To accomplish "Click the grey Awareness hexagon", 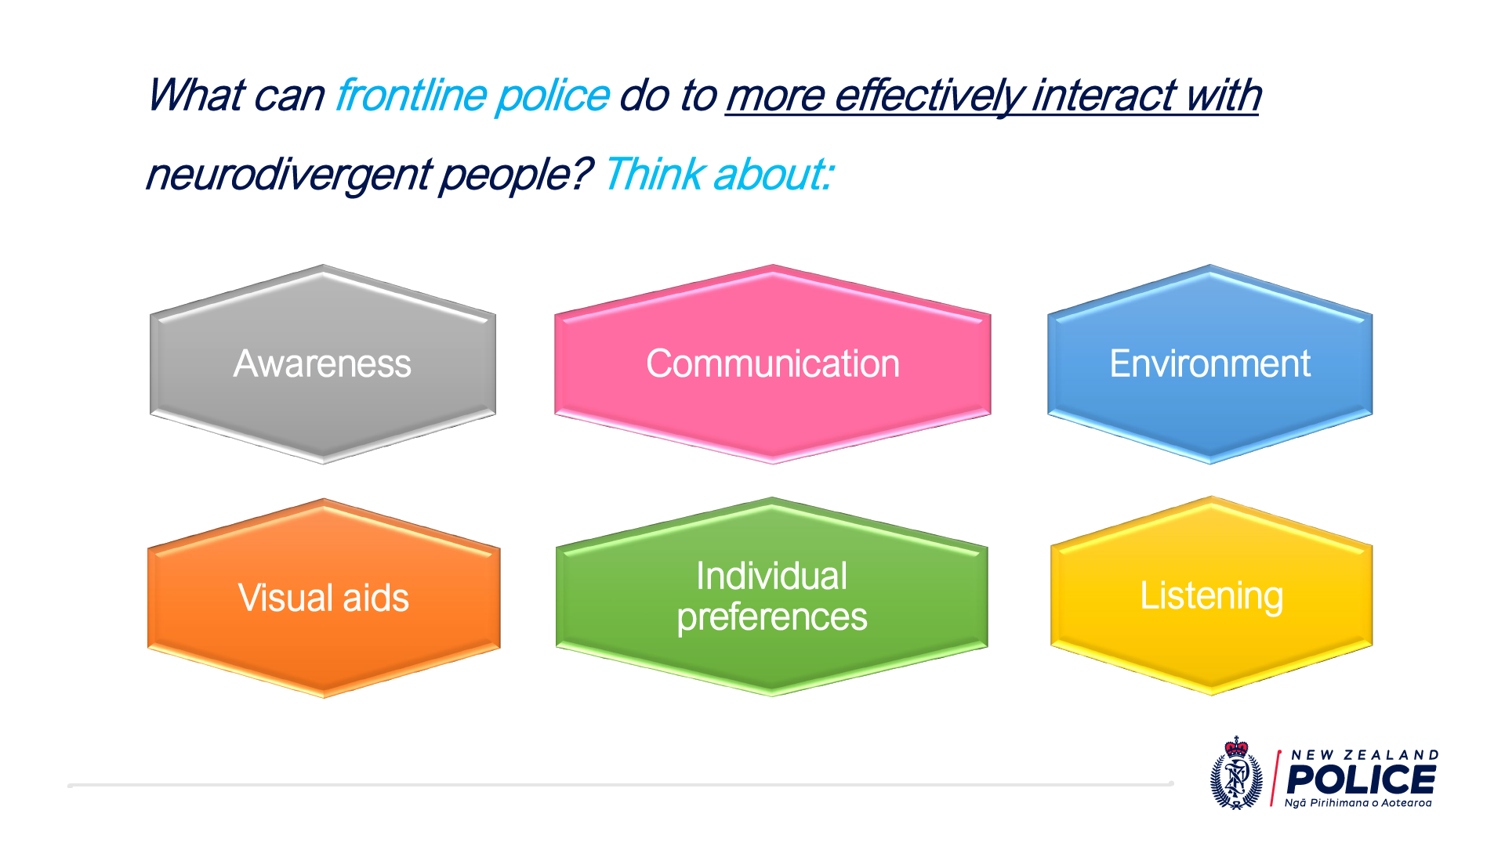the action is (x=323, y=364).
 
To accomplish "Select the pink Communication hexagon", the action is (x=773, y=364).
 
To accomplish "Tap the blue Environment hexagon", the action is (x=1210, y=364).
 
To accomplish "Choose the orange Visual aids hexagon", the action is (x=324, y=598).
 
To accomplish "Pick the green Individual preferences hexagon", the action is (x=772, y=596).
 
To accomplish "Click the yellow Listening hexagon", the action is (x=1212, y=595).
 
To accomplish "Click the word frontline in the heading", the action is (x=412, y=96).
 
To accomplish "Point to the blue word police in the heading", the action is (x=553, y=96).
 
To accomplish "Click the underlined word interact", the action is (x=1104, y=96).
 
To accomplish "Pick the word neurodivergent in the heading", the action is (x=288, y=175).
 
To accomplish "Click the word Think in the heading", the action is (x=654, y=174).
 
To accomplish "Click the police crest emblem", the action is (x=1237, y=773).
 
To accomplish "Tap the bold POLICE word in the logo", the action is (x=1362, y=780).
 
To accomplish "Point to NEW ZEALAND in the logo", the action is (x=1365, y=755).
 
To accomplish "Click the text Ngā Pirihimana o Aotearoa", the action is (x=1358, y=803).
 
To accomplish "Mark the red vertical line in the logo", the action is (x=1275, y=778).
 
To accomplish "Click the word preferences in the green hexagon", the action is (x=772, y=617).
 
